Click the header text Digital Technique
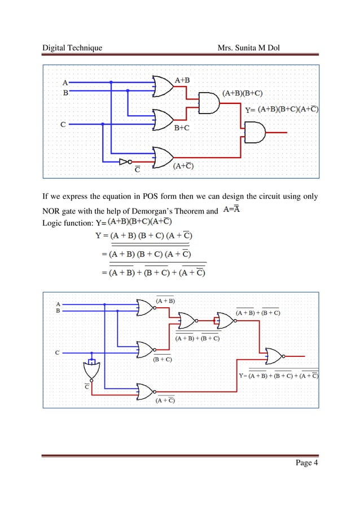72,47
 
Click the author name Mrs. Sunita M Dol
252,47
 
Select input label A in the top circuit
65,82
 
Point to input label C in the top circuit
63,124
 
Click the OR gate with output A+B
163,86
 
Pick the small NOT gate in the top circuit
125,162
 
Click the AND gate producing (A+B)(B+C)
209,103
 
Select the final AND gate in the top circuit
254,133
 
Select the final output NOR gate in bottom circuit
275,356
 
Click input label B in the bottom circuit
58,311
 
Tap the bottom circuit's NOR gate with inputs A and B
145,308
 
